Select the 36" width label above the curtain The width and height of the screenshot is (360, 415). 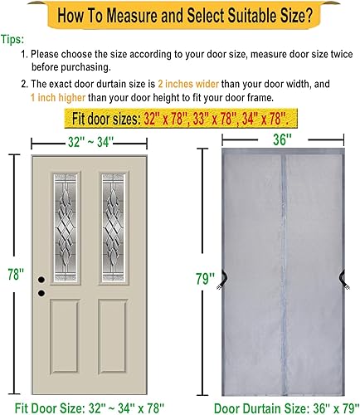[274, 139]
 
